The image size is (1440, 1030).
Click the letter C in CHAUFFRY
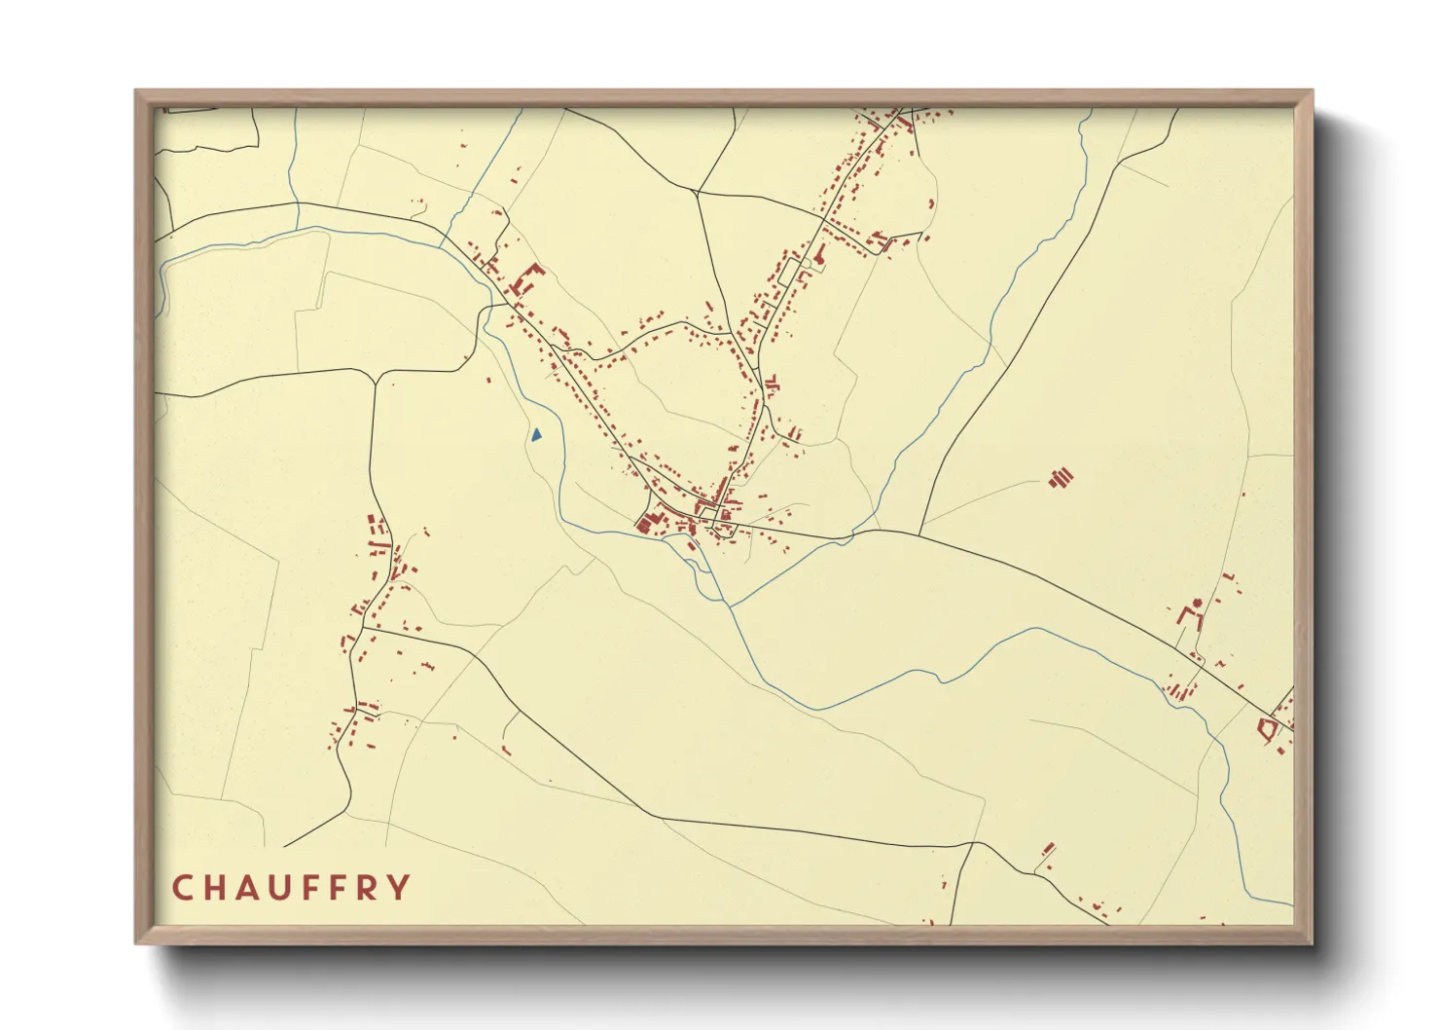(182, 888)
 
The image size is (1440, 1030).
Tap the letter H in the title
(215, 888)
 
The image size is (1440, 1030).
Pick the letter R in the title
(367, 888)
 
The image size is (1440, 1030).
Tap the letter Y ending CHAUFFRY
(399, 888)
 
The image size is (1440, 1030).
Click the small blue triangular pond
(536, 434)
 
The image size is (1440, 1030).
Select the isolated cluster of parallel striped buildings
(1062, 477)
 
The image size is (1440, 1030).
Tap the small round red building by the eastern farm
(1197, 605)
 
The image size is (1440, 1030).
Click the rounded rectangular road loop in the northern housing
(810, 264)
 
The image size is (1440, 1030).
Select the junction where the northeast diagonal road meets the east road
(919, 533)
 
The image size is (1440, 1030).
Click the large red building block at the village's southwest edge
(645, 523)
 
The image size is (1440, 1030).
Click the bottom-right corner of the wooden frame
(1311, 942)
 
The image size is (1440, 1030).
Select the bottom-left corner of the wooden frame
(137, 942)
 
